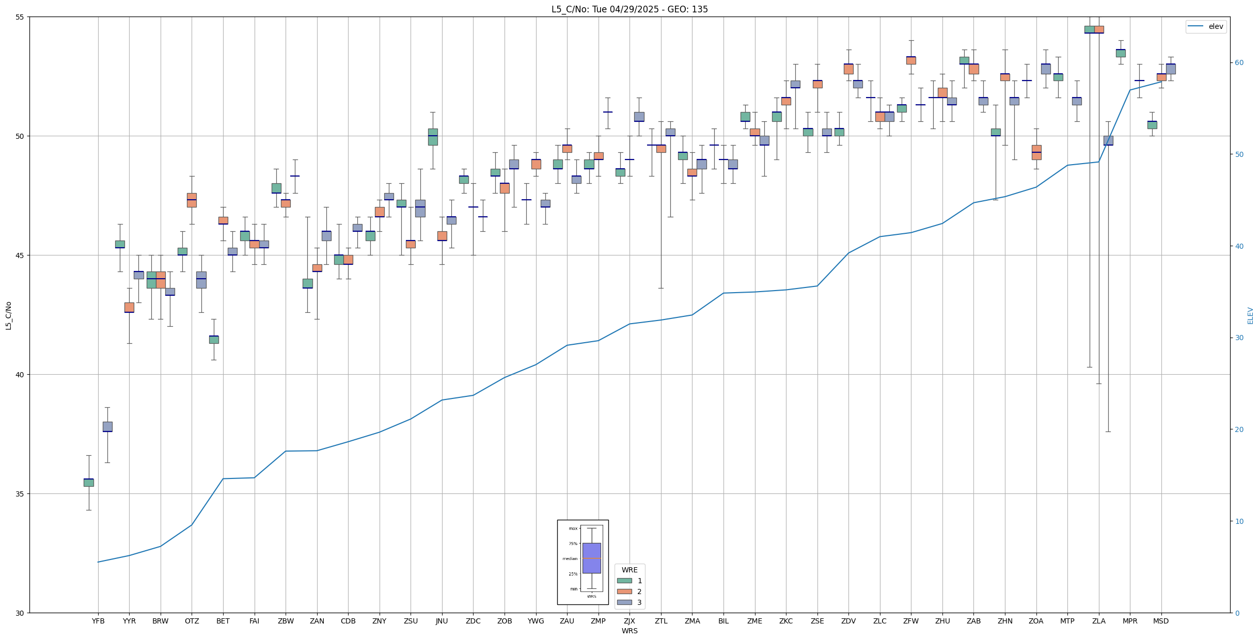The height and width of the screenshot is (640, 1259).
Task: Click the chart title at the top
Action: tap(629, 9)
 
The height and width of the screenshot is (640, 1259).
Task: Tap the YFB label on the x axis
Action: tap(98, 621)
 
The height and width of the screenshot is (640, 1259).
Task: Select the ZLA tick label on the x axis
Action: tap(1098, 621)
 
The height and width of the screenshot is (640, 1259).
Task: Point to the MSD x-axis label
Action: tap(1161, 621)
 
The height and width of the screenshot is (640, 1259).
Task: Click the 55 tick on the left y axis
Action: tap(20, 17)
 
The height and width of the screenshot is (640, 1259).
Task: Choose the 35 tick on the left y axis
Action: tap(20, 494)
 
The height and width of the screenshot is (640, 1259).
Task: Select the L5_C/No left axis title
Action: tap(8, 315)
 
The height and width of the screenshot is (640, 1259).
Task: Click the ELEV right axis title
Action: tap(1250, 315)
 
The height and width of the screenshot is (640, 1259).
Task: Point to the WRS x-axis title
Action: tap(629, 631)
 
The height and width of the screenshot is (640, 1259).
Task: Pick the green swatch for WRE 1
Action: tap(624, 581)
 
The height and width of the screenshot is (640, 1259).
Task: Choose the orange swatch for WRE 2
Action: tap(624, 591)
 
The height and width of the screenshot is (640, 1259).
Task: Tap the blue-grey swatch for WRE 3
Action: tap(624, 602)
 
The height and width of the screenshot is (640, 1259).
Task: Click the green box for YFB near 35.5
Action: tap(89, 483)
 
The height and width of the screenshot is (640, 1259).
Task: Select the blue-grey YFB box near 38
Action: tap(107, 426)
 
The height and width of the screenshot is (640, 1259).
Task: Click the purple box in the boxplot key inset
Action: tap(591, 558)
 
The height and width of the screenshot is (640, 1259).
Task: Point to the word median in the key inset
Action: tap(570, 558)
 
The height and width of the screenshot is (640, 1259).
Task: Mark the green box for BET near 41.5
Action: tap(214, 339)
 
